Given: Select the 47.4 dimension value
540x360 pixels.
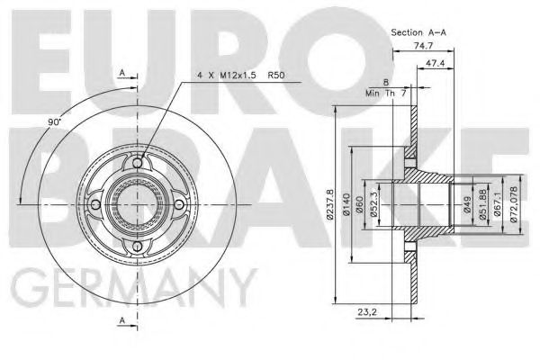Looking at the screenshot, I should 438,64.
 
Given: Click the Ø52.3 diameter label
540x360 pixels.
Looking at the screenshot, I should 373,205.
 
